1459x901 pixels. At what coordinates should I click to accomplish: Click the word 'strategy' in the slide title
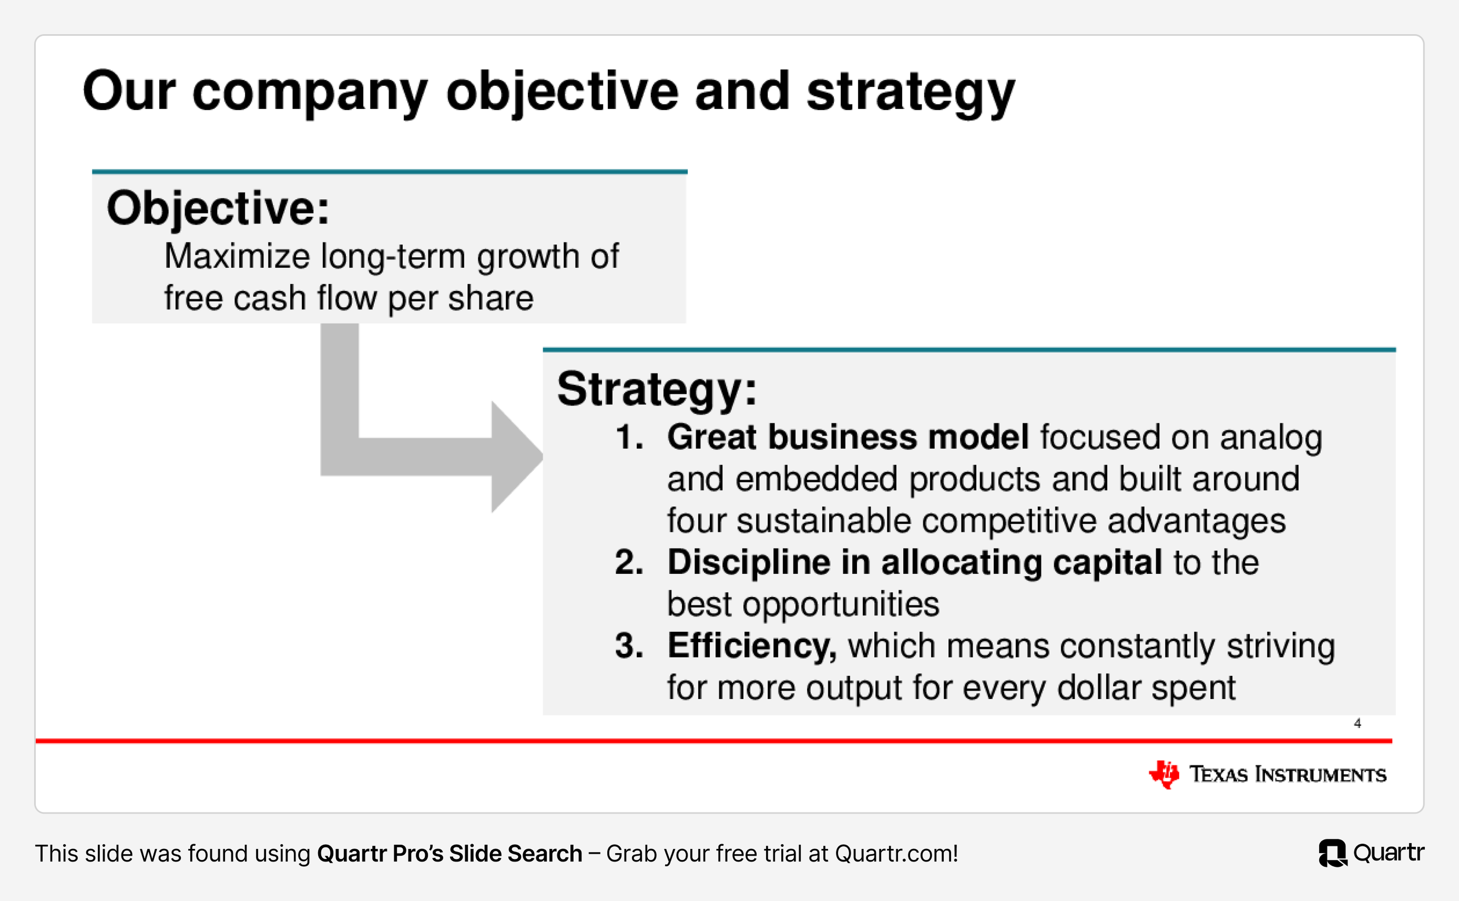910,93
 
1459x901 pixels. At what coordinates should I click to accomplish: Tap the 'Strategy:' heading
657,389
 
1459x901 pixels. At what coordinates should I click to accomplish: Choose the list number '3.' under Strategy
630,646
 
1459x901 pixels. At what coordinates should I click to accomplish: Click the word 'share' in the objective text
491,298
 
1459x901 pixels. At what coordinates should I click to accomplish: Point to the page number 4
1357,723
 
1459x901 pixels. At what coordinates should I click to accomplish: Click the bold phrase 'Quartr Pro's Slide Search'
449,854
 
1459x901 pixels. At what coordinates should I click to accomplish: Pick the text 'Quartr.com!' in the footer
896,854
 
